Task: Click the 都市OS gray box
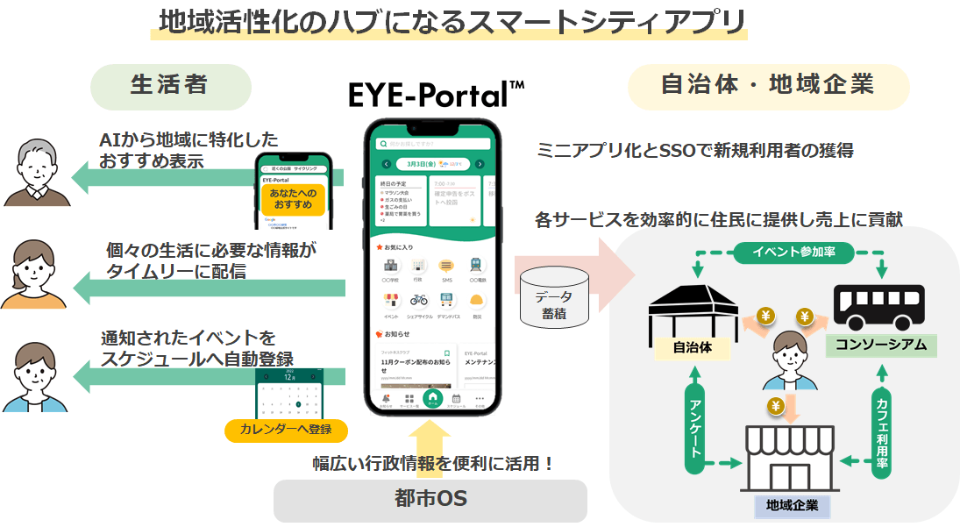coord(430,500)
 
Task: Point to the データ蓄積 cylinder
coord(553,299)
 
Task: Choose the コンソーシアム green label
coord(881,345)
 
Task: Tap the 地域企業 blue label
coord(792,506)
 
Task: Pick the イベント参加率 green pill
coord(793,252)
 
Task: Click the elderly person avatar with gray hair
coord(34,171)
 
